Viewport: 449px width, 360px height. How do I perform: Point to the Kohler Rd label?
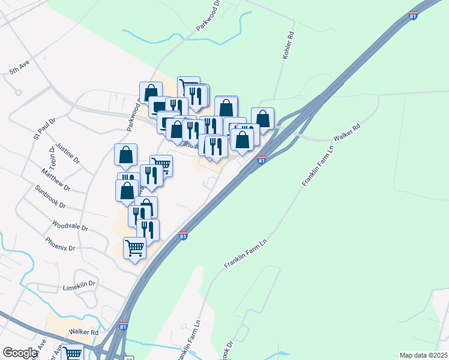click(x=288, y=45)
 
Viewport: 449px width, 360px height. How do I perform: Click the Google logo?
click(x=20, y=353)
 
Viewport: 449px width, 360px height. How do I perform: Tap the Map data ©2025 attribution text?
click(x=423, y=355)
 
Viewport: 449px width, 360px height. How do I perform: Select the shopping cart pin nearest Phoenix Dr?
click(x=135, y=248)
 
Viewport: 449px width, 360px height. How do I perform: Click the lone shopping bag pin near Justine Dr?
click(x=126, y=155)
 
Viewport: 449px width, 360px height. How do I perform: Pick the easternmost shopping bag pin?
click(x=262, y=118)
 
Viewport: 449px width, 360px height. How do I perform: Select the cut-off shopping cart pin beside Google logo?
click(x=73, y=353)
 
